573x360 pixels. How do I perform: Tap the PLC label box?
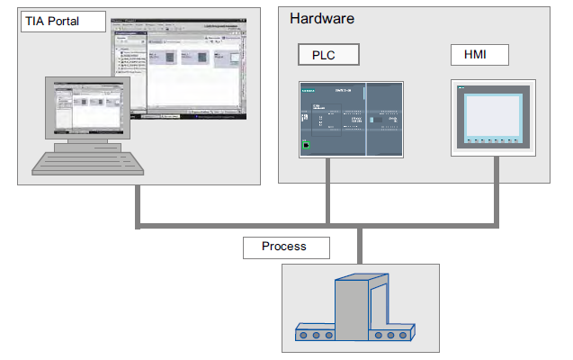(328, 55)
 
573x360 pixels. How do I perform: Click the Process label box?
(285, 247)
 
